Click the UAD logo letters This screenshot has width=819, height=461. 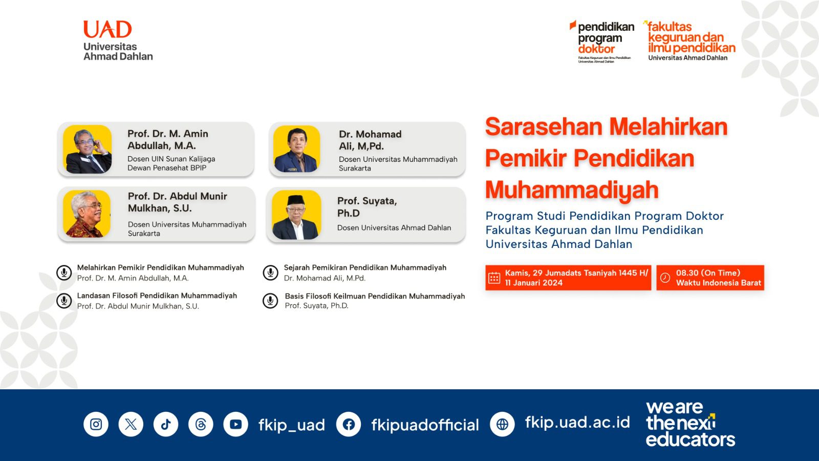tap(107, 30)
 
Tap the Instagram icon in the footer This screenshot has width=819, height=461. tap(96, 424)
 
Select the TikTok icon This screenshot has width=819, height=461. tap(166, 424)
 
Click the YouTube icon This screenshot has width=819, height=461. tap(235, 424)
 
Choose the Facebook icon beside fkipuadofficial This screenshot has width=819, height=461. tap(349, 424)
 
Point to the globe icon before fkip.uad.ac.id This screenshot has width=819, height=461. tap(502, 424)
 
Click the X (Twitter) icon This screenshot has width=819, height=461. tap(131, 424)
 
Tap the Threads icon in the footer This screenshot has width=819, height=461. tap(201, 424)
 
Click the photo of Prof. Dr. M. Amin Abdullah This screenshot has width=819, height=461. tap(88, 149)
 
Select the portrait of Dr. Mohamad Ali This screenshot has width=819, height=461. tap(297, 149)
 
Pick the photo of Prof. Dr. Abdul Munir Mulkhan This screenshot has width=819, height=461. tap(87, 214)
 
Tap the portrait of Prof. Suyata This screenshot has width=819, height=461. tap(296, 215)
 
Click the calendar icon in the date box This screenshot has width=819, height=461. tap(494, 278)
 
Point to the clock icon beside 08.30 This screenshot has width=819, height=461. tap(665, 278)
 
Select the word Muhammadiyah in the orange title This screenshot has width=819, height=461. tap(572, 190)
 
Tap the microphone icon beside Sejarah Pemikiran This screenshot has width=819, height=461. tap(270, 273)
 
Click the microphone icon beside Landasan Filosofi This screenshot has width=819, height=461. tap(64, 301)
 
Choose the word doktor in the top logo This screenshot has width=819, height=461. tap(596, 49)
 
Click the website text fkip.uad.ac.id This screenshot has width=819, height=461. tap(577, 422)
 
